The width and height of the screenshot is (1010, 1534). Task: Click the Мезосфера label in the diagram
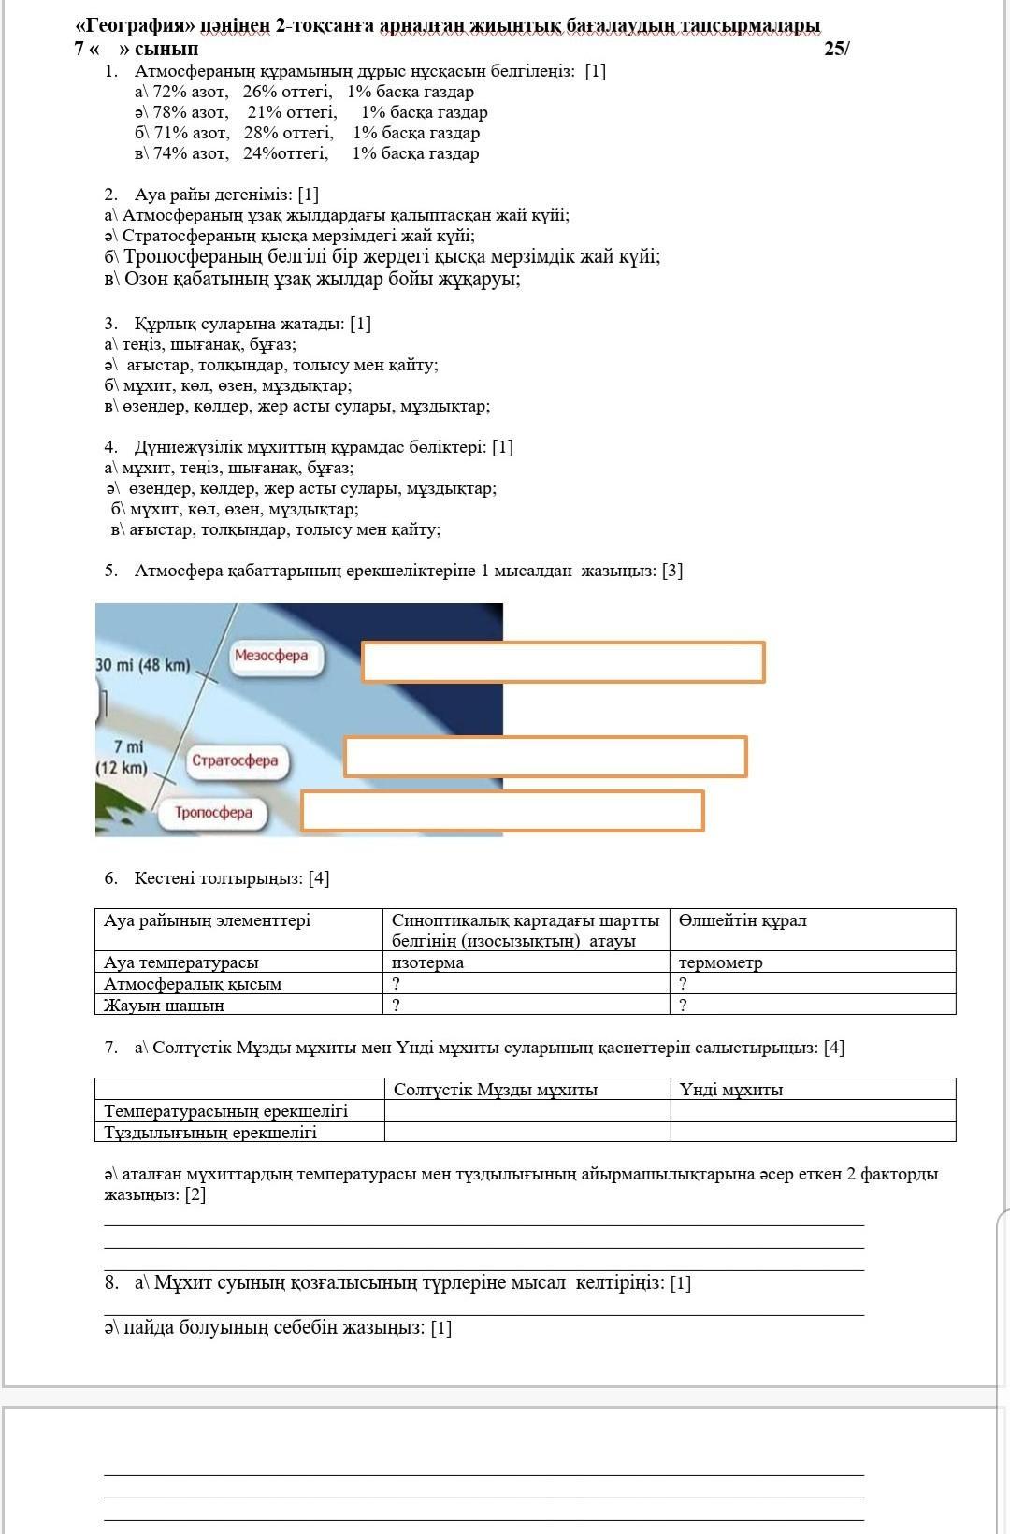tap(271, 656)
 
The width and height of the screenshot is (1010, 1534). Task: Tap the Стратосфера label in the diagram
tap(236, 760)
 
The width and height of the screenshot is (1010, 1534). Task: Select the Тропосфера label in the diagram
tap(213, 813)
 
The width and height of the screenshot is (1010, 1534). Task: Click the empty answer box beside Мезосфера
tap(563, 662)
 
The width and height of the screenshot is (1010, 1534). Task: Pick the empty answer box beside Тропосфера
tap(502, 811)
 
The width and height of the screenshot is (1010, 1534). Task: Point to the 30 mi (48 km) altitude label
tap(143, 665)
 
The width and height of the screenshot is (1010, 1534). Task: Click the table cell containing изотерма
tap(428, 962)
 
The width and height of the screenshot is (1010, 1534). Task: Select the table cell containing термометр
tap(721, 962)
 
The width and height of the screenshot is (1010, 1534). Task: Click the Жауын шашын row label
tap(165, 1006)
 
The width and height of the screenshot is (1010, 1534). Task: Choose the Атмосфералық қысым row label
tap(193, 984)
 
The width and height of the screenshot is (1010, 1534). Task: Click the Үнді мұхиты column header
tap(731, 1090)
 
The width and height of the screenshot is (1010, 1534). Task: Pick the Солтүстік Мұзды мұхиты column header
tap(496, 1090)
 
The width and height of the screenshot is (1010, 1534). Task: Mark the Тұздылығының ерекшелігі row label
tap(210, 1133)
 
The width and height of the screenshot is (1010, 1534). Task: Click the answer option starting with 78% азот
tap(311, 112)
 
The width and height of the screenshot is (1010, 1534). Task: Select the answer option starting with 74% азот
tap(307, 153)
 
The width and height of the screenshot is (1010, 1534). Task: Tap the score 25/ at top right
tap(837, 50)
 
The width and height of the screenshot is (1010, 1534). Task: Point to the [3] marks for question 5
tap(671, 571)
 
